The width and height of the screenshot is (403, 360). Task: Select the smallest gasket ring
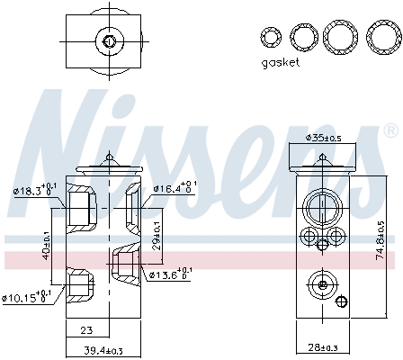(x=271, y=38)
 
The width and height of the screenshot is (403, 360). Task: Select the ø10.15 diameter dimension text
(x=28, y=296)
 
